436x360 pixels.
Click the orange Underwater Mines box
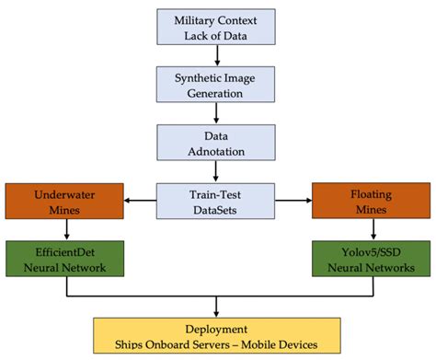click(66, 201)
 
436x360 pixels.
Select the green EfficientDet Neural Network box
click(66, 258)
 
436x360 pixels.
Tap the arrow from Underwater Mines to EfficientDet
click(66, 230)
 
